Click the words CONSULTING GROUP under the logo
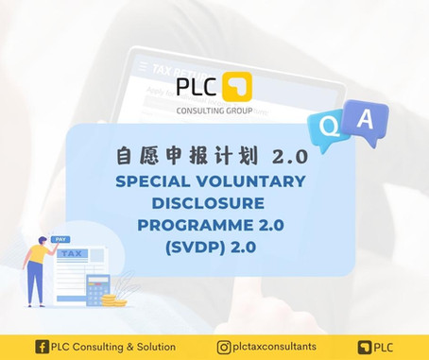[214, 111]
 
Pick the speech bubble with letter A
[367, 120]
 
